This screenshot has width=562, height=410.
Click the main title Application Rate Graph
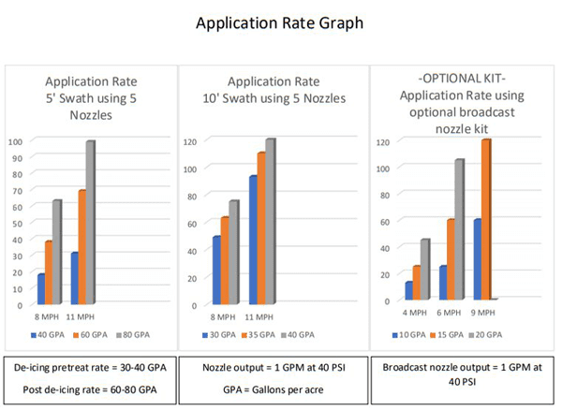280,22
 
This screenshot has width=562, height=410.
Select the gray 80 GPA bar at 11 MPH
91,223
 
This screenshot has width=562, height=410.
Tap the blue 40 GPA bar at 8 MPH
40,289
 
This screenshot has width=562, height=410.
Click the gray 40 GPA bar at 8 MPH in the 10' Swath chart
234,253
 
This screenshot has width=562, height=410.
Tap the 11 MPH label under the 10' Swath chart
261,316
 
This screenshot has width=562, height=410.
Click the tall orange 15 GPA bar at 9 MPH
486,220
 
